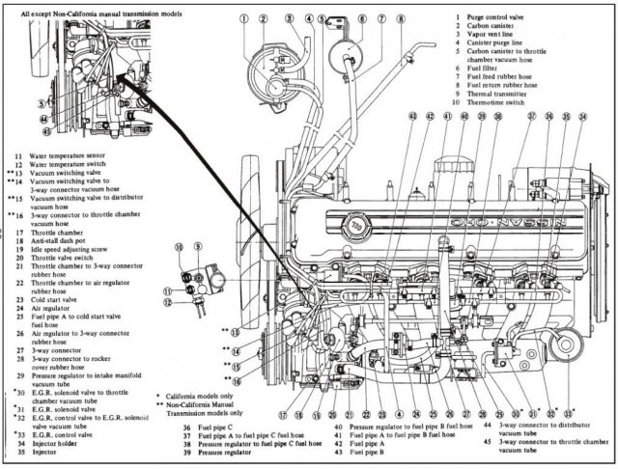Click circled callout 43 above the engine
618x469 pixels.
point(412,117)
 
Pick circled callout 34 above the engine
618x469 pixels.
point(582,117)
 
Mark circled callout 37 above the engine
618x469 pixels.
point(530,117)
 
